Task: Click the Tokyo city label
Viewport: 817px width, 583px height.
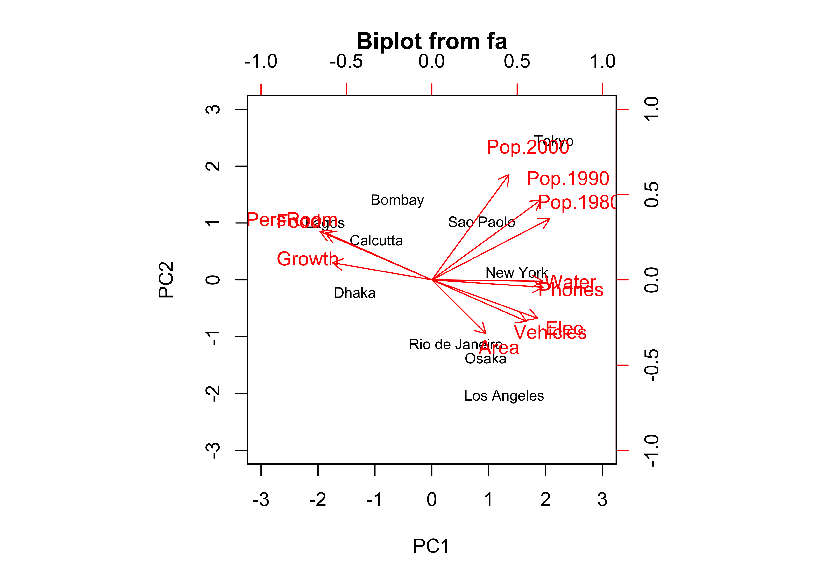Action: tap(554, 141)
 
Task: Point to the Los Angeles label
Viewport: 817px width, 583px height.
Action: tap(504, 396)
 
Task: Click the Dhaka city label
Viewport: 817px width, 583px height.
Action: tap(355, 293)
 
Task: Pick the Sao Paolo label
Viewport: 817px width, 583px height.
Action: tap(481, 222)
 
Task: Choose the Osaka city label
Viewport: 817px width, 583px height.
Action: tap(485, 359)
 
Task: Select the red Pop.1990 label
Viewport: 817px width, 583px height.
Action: tap(568, 178)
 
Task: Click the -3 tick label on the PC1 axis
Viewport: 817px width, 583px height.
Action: tap(261, 499)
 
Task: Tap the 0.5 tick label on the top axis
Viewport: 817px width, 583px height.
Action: tap(517, 61)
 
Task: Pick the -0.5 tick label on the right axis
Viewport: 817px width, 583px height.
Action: tap(652, 365)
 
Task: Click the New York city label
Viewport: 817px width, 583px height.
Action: tap(516, 273)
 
